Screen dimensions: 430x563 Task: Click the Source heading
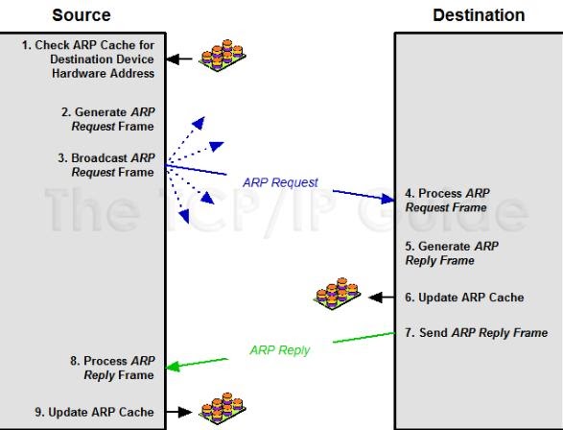[81, 14]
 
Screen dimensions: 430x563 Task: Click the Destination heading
[479, 14]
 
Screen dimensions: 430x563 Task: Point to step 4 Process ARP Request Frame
[448, 200]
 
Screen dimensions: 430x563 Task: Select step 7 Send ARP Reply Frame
[476, 332]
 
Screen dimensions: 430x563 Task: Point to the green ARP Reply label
[279, 350]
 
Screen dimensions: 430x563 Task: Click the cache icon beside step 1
[222, 57]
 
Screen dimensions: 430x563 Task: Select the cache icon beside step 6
[340, 295]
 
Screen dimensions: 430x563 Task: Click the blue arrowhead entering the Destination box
[387, 199]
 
